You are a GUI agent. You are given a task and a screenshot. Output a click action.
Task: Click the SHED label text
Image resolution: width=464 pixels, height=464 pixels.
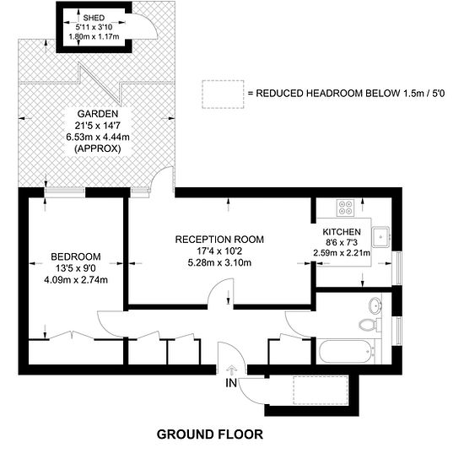(94, 18)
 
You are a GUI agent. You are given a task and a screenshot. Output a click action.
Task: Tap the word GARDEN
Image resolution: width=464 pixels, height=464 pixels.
(98, 114)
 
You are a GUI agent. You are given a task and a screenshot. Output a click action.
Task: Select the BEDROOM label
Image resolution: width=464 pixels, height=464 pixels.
(76, 256)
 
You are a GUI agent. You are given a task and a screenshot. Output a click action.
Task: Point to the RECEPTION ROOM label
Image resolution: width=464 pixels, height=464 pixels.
(219, 239)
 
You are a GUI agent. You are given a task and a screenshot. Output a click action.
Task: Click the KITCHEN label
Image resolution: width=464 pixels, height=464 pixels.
(342, 232)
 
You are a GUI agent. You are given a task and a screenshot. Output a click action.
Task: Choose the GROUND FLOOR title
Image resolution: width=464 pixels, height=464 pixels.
(210, 434)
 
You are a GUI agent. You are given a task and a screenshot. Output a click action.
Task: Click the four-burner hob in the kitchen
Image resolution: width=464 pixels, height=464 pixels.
(345, 207)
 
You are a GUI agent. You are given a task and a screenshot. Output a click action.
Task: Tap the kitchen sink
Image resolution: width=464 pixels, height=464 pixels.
(381, 237)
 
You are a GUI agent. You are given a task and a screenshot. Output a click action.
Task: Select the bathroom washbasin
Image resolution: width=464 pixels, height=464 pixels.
(375, 305)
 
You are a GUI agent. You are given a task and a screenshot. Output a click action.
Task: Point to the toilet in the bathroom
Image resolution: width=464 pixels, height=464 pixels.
(370, 325)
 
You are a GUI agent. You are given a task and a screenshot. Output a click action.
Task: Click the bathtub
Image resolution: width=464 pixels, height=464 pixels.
(346, 352)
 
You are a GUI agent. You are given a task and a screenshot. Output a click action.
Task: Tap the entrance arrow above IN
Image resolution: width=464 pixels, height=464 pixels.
(231, 370)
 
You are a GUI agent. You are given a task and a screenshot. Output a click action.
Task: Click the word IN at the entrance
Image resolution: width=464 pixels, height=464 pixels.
(231, 383)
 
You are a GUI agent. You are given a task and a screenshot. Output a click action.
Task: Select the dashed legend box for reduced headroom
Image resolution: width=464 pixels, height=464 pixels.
(223, 94)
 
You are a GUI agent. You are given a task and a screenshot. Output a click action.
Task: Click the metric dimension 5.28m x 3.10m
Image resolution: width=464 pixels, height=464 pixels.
(219, 262)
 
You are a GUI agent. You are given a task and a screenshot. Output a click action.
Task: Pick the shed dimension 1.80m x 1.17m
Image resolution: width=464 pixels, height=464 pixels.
(94, 36)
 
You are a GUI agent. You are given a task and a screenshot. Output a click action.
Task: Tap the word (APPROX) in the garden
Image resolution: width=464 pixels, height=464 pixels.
(98, 148)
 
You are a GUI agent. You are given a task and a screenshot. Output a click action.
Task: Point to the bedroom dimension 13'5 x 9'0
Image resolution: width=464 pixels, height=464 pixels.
(76, 268)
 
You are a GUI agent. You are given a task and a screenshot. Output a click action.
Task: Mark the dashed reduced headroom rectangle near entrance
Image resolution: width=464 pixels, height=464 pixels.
(321, 391)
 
